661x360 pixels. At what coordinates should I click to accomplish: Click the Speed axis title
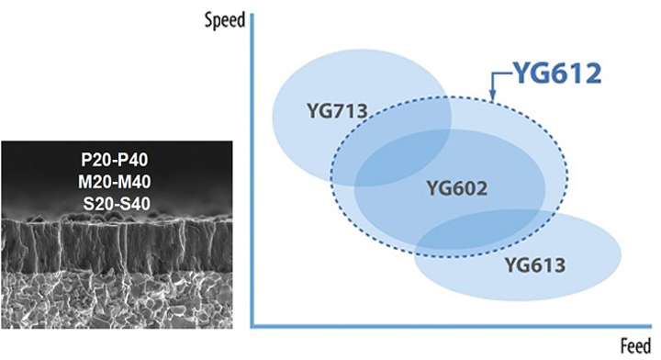pos(225,20)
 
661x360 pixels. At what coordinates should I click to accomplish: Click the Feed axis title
pos(635,346)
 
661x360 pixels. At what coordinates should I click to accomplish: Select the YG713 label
pos(337,111)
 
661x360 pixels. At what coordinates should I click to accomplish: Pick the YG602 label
pos(457,188)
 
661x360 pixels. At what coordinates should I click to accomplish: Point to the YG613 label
pos(535,265)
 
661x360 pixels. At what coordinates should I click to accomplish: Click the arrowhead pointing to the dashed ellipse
pos(493,98)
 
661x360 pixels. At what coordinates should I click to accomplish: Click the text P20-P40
pos(114,160)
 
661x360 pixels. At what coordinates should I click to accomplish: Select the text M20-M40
pos(114,182)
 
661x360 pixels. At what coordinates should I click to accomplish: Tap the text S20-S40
pos(117,204)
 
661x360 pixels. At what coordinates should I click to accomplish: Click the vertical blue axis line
pos(252,170)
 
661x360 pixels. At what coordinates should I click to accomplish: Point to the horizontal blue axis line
pos(451,326)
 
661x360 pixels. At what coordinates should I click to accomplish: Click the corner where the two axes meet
pos(252,326)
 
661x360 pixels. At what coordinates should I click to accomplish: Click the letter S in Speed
pos(207,19)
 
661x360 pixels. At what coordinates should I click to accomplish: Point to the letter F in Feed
pos(624,345)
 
